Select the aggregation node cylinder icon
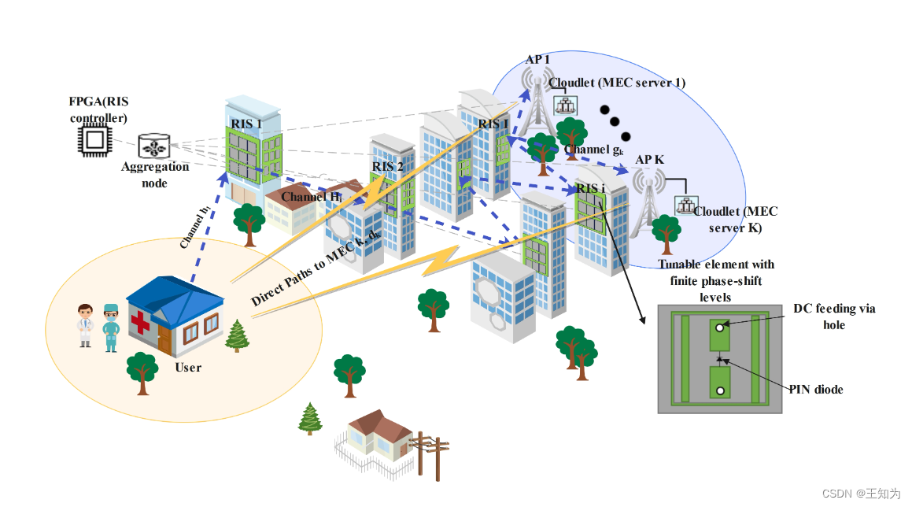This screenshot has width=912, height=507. [x=153, y=146]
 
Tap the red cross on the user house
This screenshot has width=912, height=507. [x=140, y=323]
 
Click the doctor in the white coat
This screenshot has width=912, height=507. [x=85, y=325]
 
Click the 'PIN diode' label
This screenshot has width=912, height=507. [x=818, y=389]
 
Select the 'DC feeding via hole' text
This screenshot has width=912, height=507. [x=834, y=316]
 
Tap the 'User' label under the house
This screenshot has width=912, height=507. [x=189, y=367]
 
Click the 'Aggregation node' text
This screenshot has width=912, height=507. [x=155, y=174]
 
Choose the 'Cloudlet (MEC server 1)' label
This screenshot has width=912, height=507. [x=617, y=83]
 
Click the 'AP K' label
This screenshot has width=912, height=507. [x=649, y=159]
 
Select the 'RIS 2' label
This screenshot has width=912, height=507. [x=387, y=166]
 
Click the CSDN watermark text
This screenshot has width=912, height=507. [x=861, y=494]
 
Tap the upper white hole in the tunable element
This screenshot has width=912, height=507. [x=720, y=325]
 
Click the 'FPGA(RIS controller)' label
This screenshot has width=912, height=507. [x=98, y=110]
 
